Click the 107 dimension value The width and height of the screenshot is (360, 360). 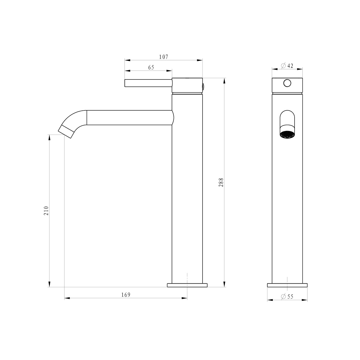[x=163, y=57]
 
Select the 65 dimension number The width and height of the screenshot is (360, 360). [x=151, y=67]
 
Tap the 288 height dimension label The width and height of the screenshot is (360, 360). [x=221, y=182]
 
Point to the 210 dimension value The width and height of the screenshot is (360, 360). [x=46, y=211]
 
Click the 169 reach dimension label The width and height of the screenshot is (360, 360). [x=126, y=295]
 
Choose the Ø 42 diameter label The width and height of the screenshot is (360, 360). [x=287, y=66]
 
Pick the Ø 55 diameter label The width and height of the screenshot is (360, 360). [x=287, y=296]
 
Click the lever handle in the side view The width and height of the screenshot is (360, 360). [x=148, y=83]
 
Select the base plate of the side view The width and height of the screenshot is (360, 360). [x=187, y=285]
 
